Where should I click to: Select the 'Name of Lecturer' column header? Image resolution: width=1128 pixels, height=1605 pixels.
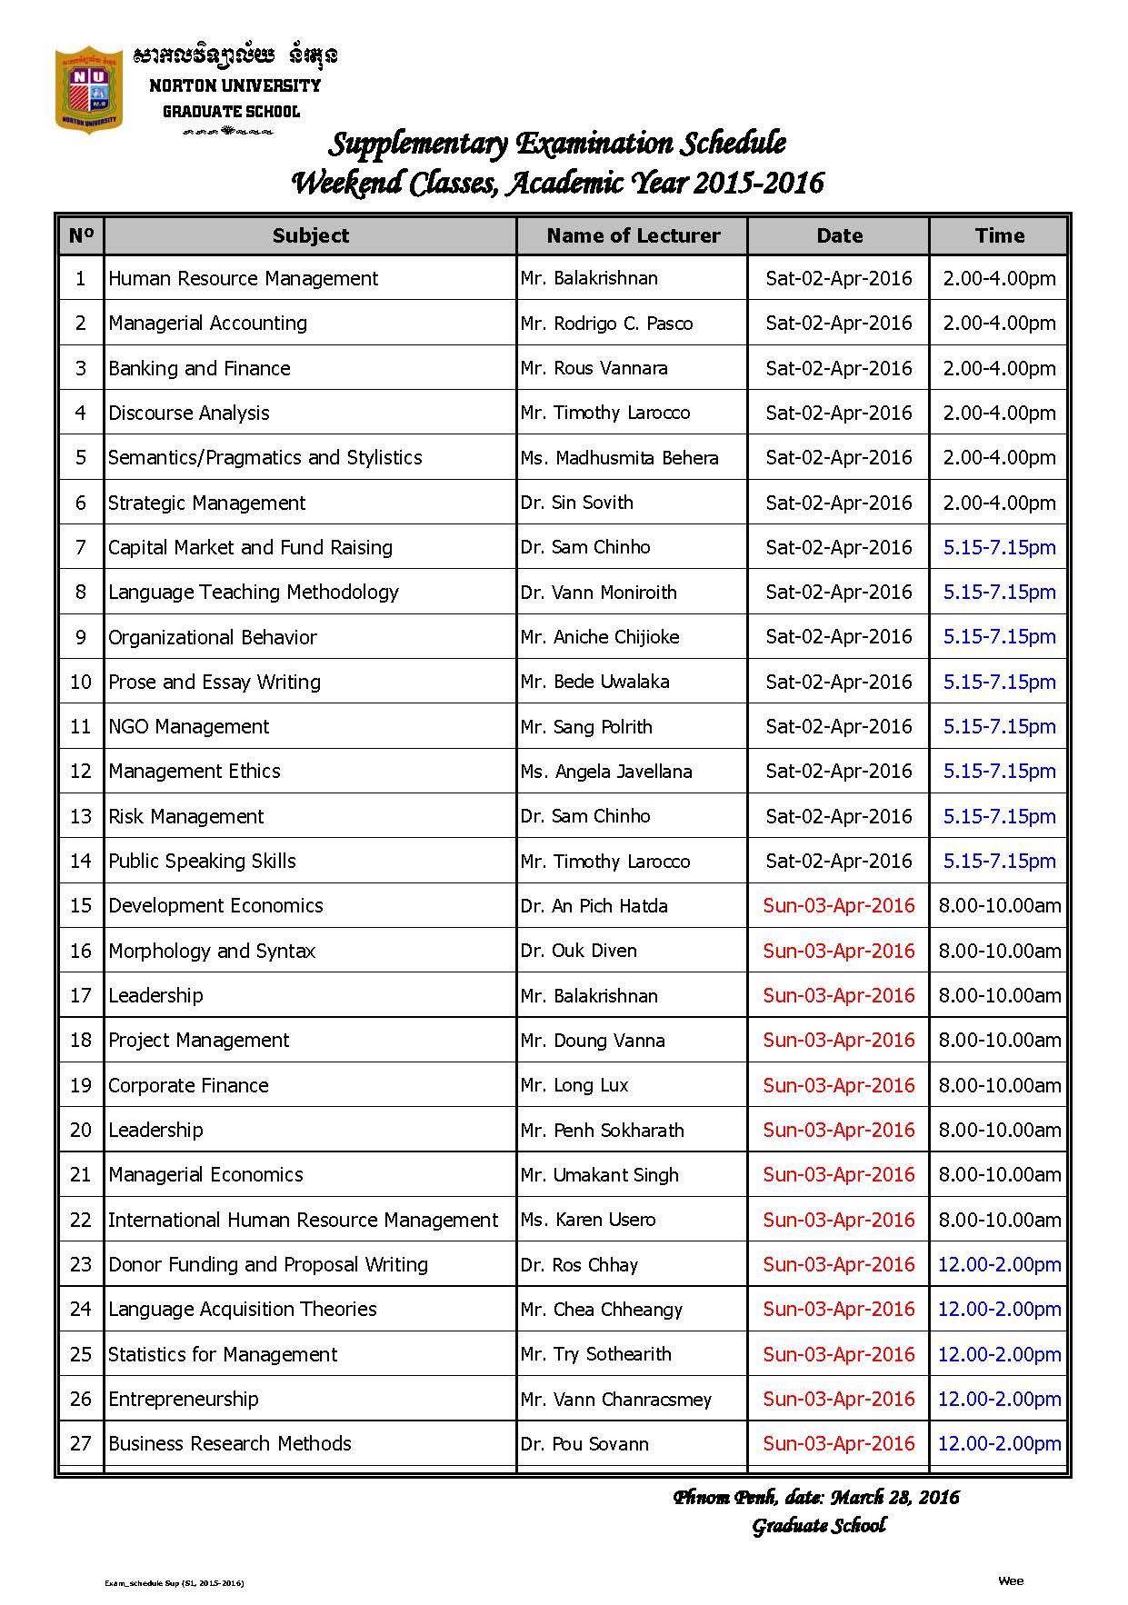pyautogui.click(x=633, y=236)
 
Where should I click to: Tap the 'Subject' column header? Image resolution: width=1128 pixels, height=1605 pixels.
pyautogui.click(x=310, y=236)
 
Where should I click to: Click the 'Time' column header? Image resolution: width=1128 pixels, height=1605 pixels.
pyautogui.click(x=999, y=236)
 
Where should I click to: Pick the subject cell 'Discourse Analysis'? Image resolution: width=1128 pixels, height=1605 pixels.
pyautogui.click(x=189, y=414)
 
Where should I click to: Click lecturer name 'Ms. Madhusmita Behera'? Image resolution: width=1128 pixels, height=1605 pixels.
pyautogui.click(x=620, y=458)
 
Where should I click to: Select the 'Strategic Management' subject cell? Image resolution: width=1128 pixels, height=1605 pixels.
pyautogui.click(x=207, y=503)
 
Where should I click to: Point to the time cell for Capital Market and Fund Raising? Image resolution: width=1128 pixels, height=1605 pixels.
pyautogui.click(x=999, y=548)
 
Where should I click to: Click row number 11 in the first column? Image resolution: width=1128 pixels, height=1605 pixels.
pyautogui.click(x=81, y=727)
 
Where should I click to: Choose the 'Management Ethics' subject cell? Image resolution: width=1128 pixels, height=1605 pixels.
pyautogui.click(x=195, y=772)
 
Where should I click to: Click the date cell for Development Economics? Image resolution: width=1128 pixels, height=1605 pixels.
pyautogui.click(x=838, y=906)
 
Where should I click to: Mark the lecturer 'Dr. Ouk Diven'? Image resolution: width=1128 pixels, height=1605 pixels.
pyautogui.click(x=579, y=951)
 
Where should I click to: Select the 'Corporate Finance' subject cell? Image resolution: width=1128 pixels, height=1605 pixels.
pyautogui.click(x=188, y=1086)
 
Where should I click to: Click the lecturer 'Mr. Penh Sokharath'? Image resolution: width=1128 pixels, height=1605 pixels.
pyautogui.click(x=603, y=1131)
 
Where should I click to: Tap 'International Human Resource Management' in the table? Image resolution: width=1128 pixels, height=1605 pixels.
pyautogui.click(x=304, y=1221)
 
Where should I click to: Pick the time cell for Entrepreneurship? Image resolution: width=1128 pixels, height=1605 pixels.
pyautogui.click(x=999, y=1400)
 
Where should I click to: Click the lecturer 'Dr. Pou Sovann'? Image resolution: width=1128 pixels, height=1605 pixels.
pyautogui.click(x=585, y=1444)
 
